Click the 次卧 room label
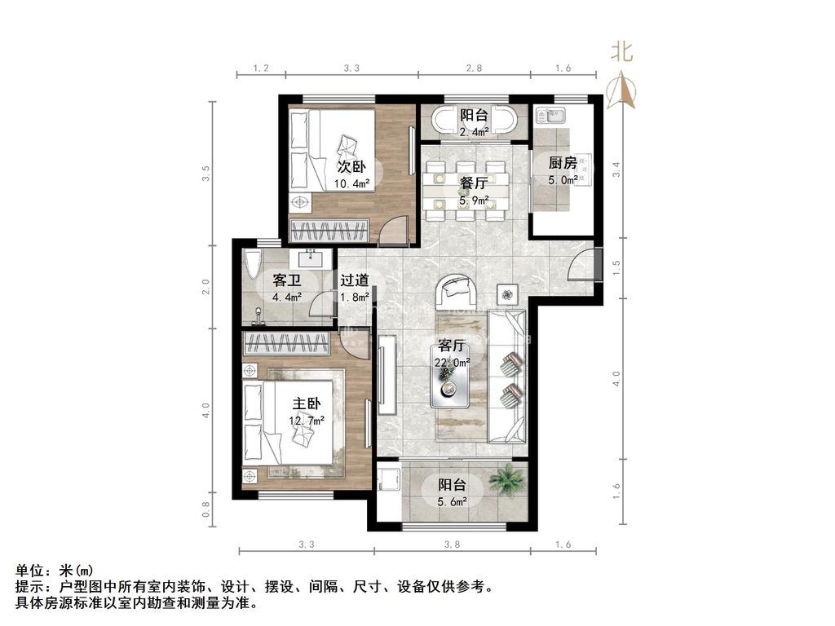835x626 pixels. (x=351, y=167)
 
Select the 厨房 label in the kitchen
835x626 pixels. (x=563, y=161)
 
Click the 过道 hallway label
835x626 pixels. (x=355, y=280)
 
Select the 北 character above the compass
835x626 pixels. (x=622, y=53)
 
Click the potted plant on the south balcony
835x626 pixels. (x=507, y=479)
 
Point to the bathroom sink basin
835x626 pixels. (x=310, y=259)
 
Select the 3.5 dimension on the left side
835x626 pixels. (x=206, y=173)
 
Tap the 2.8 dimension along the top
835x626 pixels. (x=474, y=68)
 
